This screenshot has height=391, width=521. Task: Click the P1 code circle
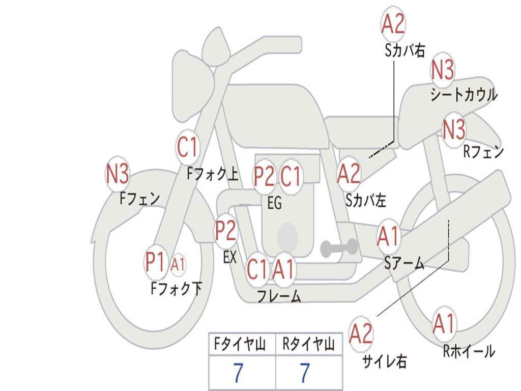[x=155, y=263]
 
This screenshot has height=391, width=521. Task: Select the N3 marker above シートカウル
[x=442, y=69]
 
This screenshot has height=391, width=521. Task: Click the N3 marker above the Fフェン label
[x=118, y=174]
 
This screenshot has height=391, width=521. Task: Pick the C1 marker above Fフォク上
[x=187, y=147]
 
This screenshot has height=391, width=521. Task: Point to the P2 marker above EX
[x=225, y=231]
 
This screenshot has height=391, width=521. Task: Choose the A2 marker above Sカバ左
[x=348, y=174]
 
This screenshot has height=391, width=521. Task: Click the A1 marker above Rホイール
[x=444, y=323]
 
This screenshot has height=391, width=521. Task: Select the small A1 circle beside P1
[x=178, y=265]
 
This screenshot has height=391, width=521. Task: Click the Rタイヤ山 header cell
[x=309, y=344]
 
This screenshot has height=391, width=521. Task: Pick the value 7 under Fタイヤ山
[x=238, y=373]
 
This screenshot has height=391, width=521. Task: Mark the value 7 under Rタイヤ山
[x=305, y=373]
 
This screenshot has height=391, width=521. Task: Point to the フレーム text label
[x=279, y=296]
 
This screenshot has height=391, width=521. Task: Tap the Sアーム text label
[x=404, y=263]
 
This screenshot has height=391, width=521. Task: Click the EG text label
[x=274, y=203]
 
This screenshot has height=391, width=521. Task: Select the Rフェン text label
[x=484, y=152]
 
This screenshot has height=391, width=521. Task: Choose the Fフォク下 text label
[x=177, y=288]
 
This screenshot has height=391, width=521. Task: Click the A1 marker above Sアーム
[x=388, y=236]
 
